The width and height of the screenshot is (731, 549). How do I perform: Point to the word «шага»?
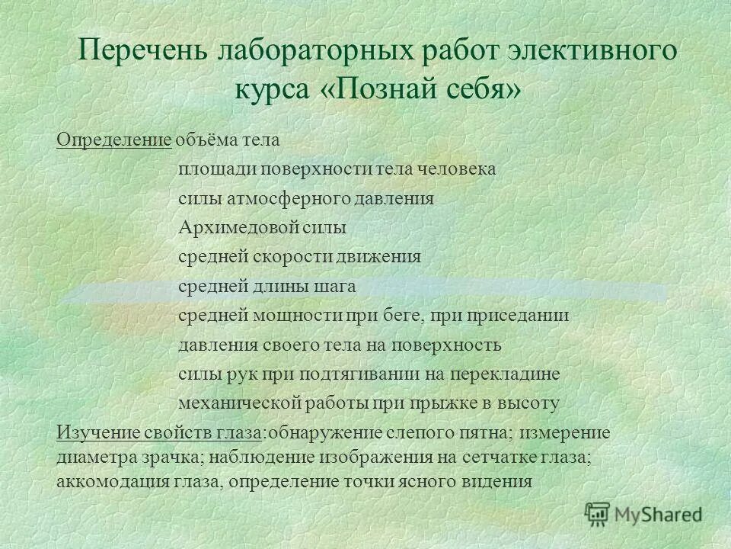(335, 286)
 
